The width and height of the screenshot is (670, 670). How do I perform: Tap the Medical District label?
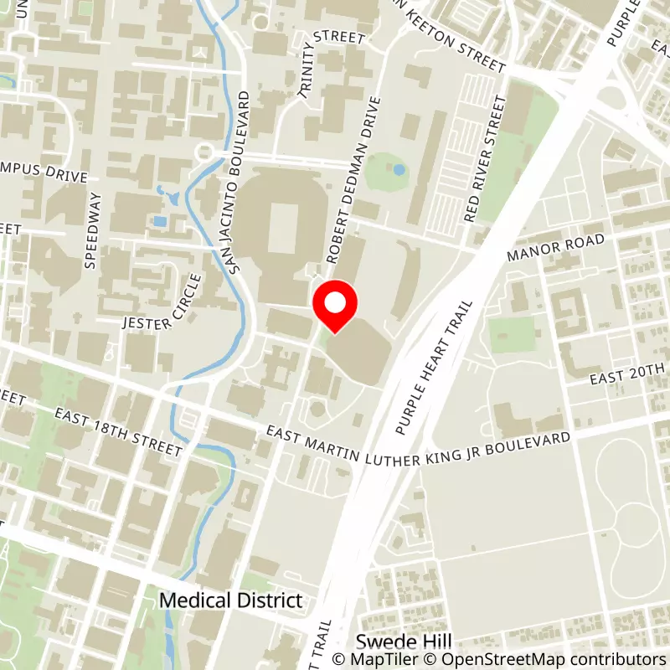[230, 600]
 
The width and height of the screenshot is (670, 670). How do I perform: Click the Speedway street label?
[93, 230]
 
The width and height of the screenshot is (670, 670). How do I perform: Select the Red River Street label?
[487, 159]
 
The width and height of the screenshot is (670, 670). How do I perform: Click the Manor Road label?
[554, 250]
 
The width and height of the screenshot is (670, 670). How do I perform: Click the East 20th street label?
[627, 374]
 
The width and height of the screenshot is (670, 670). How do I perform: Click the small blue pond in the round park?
[399, 170]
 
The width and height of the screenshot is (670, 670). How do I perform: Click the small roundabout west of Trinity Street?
[203, 152]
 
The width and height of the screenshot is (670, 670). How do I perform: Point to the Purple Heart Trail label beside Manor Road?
[435, 368]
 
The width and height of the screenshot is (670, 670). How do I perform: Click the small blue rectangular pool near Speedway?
[159, 222]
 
